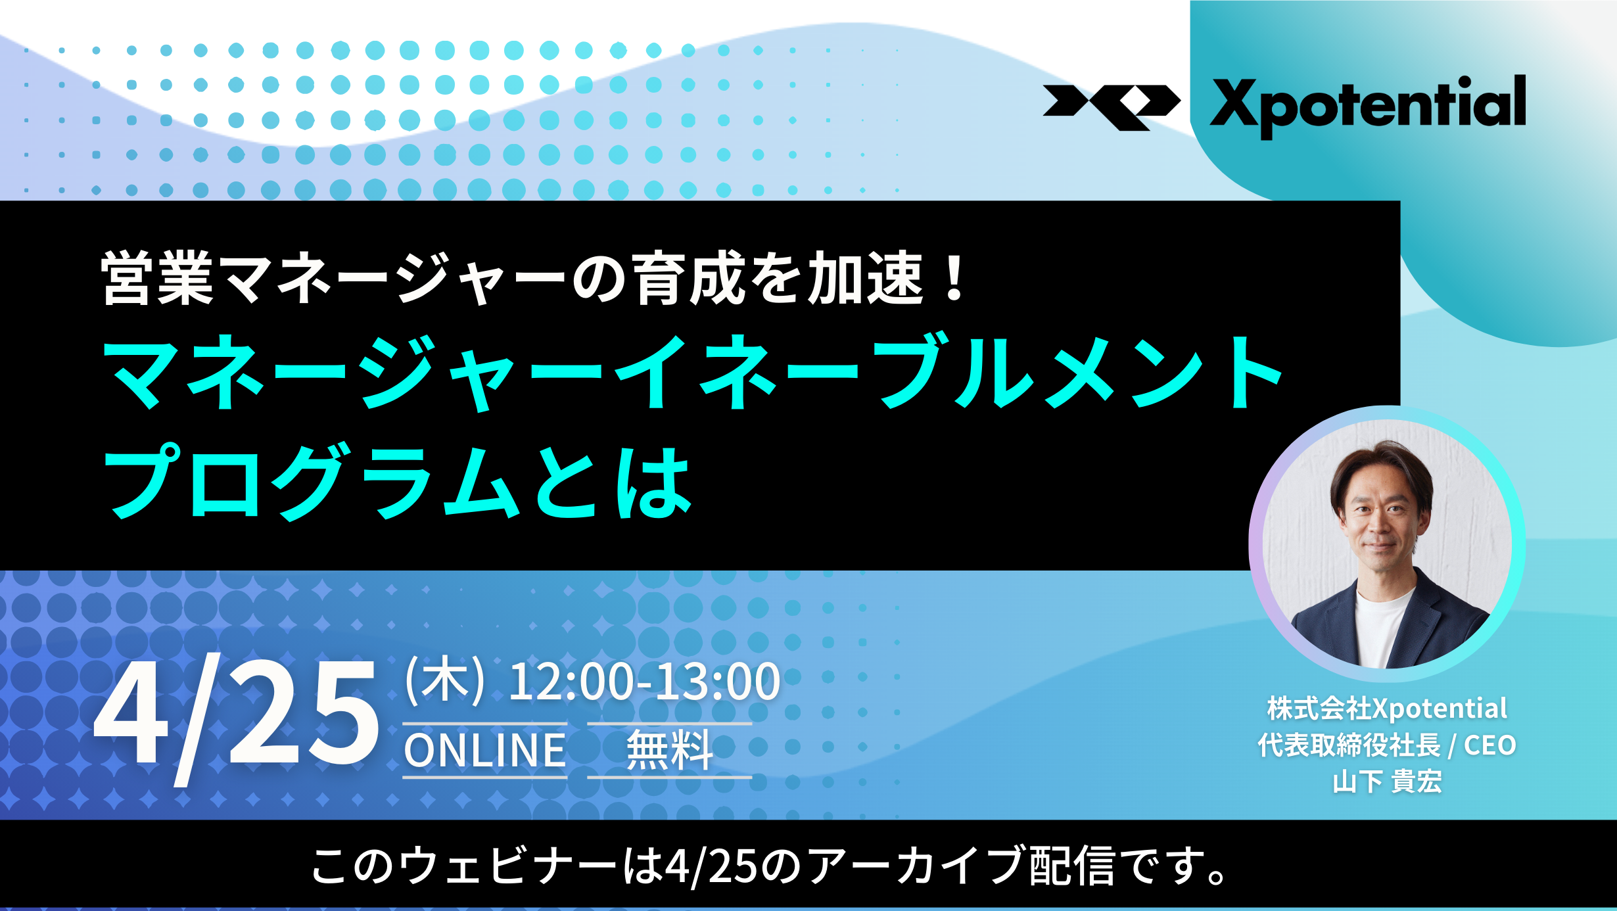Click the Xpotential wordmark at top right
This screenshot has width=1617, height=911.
coord(1368,106)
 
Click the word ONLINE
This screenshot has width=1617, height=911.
coord(485,750)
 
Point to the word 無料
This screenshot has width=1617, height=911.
coord(669,750)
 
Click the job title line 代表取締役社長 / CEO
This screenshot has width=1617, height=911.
coord(1387,745)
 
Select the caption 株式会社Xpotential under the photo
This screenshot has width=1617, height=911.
coord(1387,709)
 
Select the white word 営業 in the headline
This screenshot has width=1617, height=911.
coord(158,278)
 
